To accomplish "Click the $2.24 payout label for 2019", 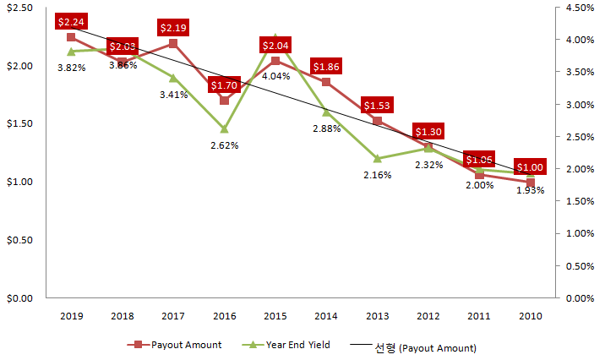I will (71, 21).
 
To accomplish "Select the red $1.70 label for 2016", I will (224, 85).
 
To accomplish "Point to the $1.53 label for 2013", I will (377, 106).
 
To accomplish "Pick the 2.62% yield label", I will (224, 145).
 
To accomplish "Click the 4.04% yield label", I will (275, 76).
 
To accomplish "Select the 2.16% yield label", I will (377, 175).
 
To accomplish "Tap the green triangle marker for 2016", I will (224, 129).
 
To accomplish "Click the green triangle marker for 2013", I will (377, 158).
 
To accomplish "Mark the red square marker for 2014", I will (326, 82).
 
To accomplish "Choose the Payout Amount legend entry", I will (175, 345).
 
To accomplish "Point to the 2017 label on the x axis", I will (173, 315).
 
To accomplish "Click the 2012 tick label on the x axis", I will (428, 315).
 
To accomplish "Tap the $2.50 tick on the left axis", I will (19, 8).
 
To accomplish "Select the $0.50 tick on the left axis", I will (19, 240).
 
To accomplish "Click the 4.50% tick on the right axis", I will (579, 8).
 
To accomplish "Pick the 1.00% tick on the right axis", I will (579, 233).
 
